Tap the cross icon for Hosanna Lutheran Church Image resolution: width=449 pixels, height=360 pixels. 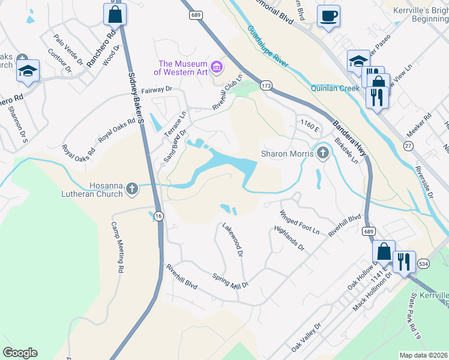[132, 190]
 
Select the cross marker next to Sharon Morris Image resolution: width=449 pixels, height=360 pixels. [323, 154]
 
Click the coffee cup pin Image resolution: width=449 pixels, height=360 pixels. [328, 16]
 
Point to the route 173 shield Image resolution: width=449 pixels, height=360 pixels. [265, 86]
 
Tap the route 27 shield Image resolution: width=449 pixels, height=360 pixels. [408, 146]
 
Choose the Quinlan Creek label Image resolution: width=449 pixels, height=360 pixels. [335, 88]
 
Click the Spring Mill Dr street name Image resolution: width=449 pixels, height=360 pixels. [231, 281]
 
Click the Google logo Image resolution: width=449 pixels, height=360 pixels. [20, 353]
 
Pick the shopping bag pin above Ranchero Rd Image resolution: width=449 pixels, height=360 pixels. [114, 14]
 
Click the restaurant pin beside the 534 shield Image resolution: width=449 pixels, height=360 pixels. [403, 261]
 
